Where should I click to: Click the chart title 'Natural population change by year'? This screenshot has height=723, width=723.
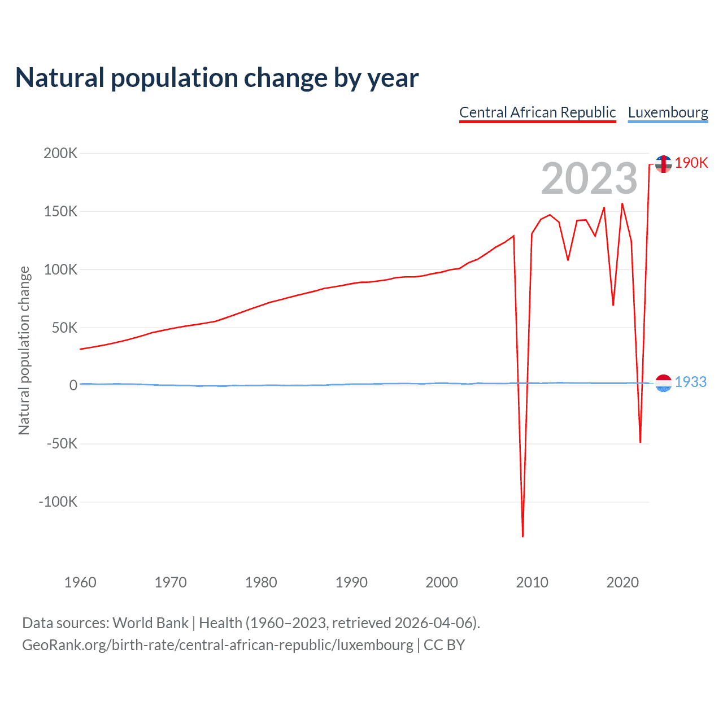click(217, 78)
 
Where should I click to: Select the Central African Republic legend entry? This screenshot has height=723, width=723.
click(537, 112)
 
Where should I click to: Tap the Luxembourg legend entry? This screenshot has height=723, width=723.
click(668, 112)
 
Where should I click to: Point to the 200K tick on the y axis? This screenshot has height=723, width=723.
click(60, 153)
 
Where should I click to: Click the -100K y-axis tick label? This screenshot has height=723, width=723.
click(58, 502)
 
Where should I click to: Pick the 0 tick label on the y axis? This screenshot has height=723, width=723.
click(73, 385)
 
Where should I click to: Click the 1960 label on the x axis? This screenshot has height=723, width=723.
click(80, 582)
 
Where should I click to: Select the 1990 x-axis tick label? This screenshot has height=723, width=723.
click(351, 582)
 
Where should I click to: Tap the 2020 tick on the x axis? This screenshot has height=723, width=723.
click(622, 582)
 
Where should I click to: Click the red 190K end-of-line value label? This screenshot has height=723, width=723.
click(691, 163)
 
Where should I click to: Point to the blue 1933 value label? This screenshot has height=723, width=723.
click(690, 382)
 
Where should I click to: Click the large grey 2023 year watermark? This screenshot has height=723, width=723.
click(589, 178)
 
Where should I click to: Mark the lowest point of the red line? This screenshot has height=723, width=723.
click(523, 536)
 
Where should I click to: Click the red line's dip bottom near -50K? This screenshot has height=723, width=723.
click(640, 442)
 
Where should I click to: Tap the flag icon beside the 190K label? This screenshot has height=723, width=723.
click(663, 164)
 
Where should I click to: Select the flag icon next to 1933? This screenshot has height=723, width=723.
click(663, 383)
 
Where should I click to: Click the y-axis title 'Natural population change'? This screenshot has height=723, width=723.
click(24, 351)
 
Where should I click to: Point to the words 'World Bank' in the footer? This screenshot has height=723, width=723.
click(150, 622)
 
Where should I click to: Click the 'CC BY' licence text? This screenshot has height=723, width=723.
click(444, 645)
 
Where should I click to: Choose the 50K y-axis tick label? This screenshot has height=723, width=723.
click(64, 328)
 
